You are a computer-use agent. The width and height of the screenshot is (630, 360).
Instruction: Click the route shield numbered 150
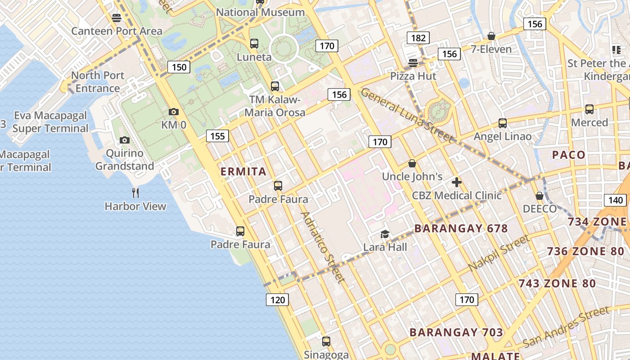[179, 67]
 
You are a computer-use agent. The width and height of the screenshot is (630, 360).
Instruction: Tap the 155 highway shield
[217, 136]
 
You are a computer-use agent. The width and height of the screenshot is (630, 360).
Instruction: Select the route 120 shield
[277, 300]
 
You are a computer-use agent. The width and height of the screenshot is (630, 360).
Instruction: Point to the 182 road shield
[418, 38]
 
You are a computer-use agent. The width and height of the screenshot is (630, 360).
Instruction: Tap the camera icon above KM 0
[173, 112]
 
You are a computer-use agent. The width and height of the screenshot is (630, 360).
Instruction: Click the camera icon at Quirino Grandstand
[125, 140]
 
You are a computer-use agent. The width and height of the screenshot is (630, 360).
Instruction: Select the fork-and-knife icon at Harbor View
[135, 193]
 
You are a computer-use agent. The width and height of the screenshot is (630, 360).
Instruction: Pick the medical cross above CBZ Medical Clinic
[457, 182]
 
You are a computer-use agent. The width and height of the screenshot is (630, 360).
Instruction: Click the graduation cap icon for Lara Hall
[385, 234]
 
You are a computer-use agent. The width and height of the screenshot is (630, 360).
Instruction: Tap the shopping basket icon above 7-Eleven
[491, 36]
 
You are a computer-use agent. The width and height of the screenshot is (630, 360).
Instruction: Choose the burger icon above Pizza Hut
[413, 63]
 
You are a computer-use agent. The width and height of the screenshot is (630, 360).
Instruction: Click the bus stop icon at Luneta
[254, 44]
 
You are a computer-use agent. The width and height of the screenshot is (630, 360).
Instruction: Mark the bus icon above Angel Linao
[503, 123]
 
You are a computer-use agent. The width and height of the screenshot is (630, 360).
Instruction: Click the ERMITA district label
[243, 171]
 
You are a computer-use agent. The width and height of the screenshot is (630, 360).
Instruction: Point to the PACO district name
[569, 155]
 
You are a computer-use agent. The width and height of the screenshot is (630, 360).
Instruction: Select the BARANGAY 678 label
[461, 228]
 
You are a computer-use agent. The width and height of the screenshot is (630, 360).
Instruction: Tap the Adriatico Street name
[323, 247]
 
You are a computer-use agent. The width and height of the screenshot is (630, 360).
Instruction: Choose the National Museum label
[261, 12]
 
